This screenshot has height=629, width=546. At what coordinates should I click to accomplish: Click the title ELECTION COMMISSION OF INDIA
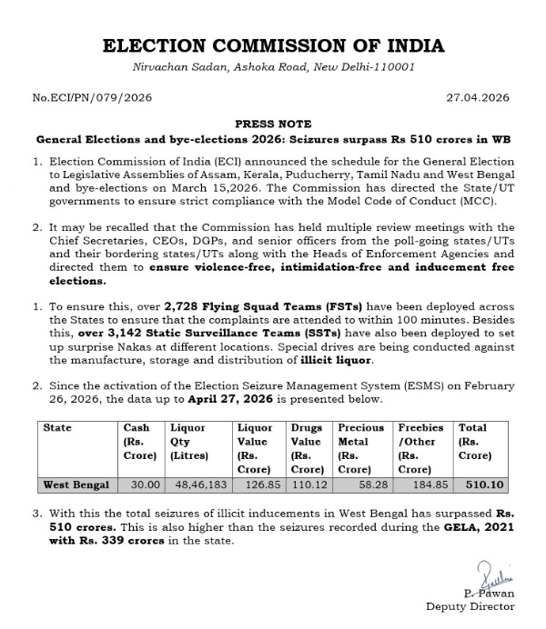[x=273, y=46]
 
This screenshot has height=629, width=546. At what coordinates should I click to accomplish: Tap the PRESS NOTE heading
[x=273, y=124]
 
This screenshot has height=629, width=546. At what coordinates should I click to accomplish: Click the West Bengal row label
[x=77, y=484]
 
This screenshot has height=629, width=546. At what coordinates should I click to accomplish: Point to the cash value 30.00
[x=142, y=484]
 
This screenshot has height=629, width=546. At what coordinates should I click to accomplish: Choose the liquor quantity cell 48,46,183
[x=197, y=484]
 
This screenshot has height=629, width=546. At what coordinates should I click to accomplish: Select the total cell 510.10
[x=480, y=484]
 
